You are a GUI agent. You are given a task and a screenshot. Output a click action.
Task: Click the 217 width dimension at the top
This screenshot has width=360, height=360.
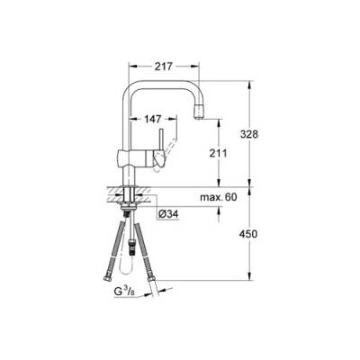[x=163, y=66]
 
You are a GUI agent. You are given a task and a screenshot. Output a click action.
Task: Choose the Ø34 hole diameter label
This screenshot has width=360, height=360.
[x=167, y=214]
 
